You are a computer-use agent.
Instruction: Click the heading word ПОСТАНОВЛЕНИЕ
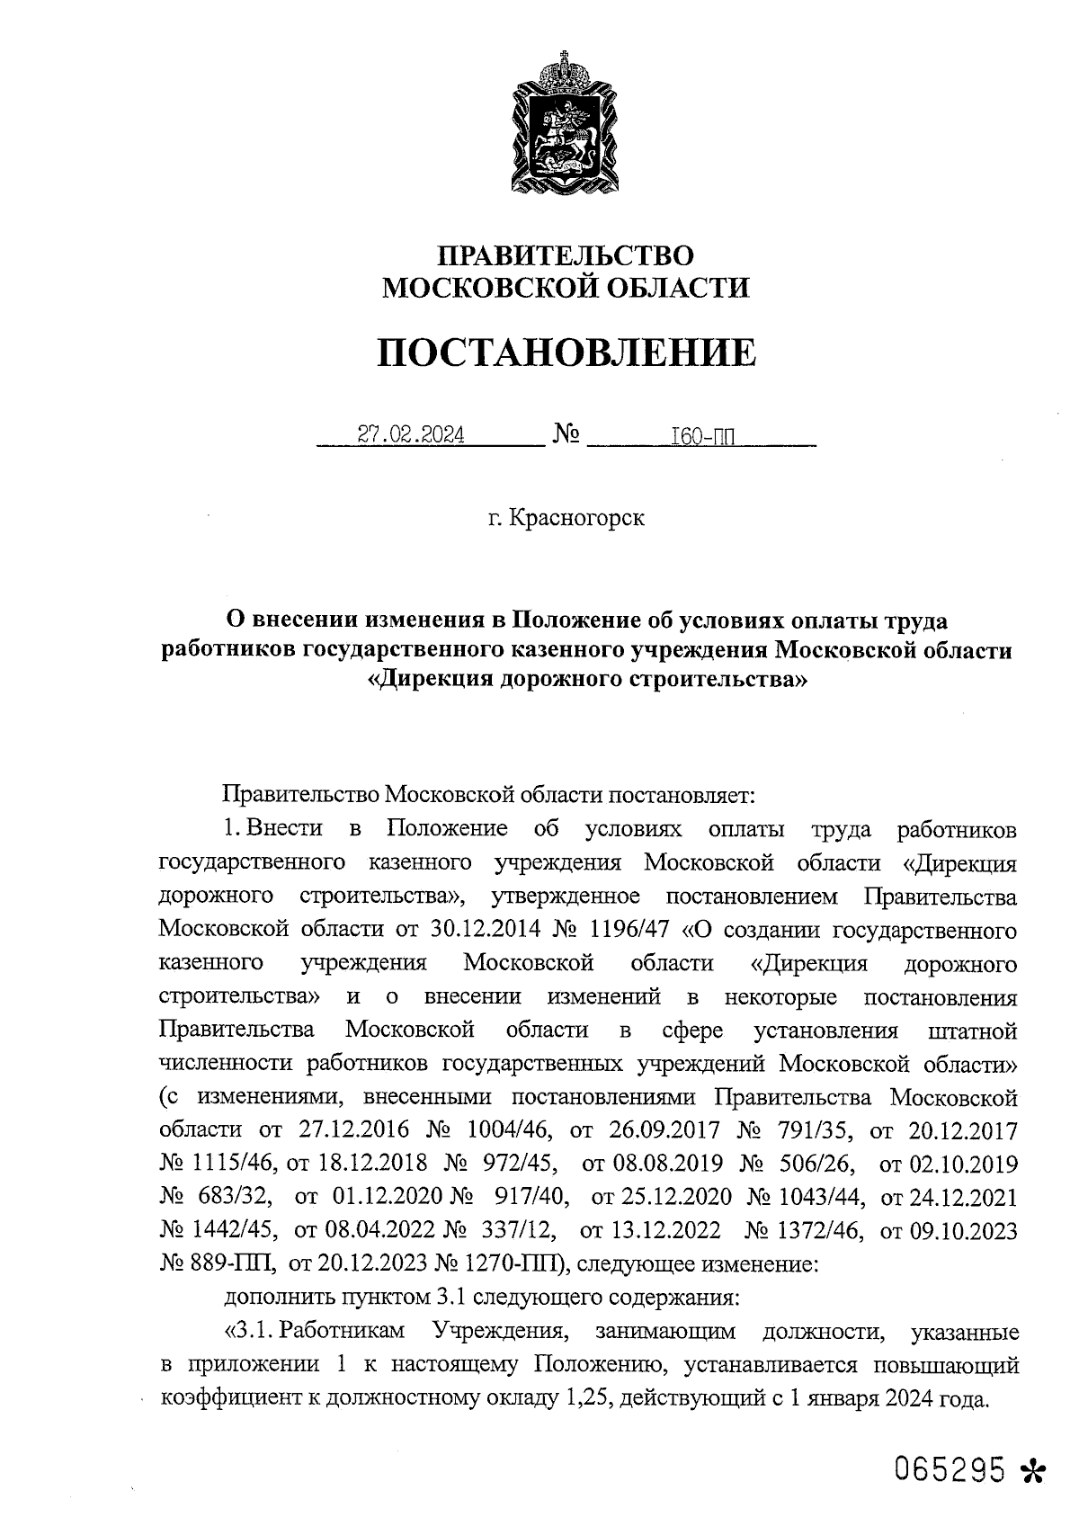566,353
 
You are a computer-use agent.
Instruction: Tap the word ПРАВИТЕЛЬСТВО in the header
566,255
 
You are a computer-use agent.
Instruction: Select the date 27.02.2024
411,436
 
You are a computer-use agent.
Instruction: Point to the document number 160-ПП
702,437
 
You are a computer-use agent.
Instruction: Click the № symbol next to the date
566,436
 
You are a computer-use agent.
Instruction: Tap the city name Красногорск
576,519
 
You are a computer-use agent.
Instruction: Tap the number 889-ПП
227,1263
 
